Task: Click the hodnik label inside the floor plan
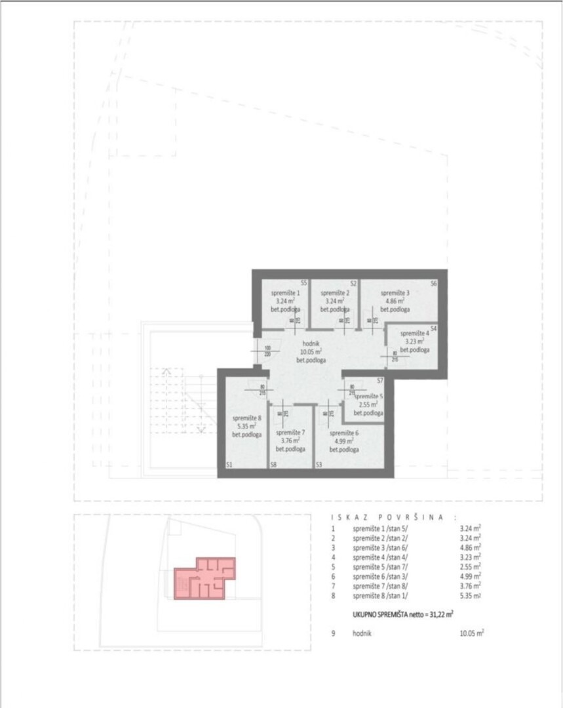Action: click(x=311, y=343)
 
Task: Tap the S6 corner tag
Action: click(x=434, y=284)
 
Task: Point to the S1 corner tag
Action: click(x=229, y=464)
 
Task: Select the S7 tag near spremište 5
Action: click(x=379, y=381)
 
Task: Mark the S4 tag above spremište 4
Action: click(x=434, y=328)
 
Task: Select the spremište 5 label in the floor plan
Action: click(x=369, y=396)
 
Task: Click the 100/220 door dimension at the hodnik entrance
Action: click(x=267, y=351)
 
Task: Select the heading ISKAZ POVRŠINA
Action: click(x=387, y=517)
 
